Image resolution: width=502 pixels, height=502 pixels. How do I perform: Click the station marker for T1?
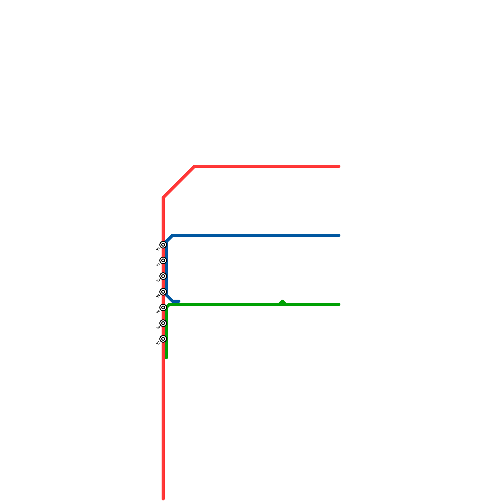click(x=163, y=245)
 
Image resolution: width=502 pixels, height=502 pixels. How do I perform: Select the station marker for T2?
click(x=163, y=260)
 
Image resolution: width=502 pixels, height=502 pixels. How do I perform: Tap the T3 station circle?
click(x=163, y=276)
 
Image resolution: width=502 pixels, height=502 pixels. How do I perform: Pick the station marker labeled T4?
click(x=163, y=292)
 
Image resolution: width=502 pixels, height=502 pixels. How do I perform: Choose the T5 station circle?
click(x=163, y=307)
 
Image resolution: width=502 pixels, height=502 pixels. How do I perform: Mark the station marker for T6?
click(x=163, y=323)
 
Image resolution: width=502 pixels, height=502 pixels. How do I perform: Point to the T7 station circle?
click(x=163, y=339)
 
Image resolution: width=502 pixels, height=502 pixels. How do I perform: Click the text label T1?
click(x=158, y=249)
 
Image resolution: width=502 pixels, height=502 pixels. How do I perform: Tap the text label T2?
click(x=158, y=265)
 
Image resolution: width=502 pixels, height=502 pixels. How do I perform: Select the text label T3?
click(x=158, y=281)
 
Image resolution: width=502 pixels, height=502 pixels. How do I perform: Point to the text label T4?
click(x=158, y=296)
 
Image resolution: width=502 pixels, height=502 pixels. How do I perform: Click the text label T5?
click(x=158, y=312)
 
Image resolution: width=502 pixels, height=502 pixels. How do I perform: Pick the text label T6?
click(x=158, y=328)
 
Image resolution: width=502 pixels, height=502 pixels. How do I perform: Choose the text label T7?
click(x=158, y=344)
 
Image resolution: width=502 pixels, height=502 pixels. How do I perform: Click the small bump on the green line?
click(x=282, y=302)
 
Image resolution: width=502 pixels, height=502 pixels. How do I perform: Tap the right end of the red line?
click(x=339, y=166)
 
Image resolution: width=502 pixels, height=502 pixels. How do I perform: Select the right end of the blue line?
click(x=339, y=235)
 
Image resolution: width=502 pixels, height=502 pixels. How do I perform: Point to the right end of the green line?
click(x=339, y=304)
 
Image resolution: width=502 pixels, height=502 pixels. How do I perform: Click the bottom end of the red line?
click(x=163, y=498)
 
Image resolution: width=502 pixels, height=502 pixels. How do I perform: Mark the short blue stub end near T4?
click(x=179, y=301)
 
